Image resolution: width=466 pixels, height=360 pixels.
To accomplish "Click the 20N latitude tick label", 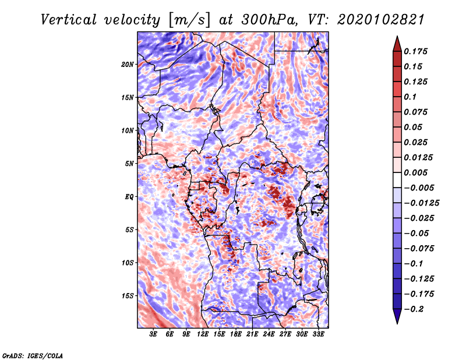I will coord(128,64).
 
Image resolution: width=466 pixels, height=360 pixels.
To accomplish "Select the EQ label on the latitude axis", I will coord(129,197).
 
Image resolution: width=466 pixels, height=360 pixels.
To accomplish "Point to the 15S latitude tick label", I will coord(128,296).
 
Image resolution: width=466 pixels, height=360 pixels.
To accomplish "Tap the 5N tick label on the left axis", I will coord(129,164).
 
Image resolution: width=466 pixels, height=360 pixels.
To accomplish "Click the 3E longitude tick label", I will coord(154,335).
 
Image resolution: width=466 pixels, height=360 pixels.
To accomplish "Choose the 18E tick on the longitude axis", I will coord(236,335).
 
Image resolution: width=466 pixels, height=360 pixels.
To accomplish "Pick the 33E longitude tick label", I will coord(318,335).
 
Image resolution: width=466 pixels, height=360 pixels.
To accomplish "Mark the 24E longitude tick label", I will coord(269,335).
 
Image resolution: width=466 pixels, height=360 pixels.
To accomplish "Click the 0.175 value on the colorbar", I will coord(417,51).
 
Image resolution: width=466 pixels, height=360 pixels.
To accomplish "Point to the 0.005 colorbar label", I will coord(417,172).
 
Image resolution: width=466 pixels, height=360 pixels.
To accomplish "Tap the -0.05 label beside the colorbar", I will coord(418,233).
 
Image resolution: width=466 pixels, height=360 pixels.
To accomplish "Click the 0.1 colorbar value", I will coord(412,97).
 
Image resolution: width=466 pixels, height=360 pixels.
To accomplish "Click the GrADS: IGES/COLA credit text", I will coord(33,355).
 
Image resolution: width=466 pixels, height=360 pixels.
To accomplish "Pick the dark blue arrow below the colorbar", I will coord(397,317).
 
